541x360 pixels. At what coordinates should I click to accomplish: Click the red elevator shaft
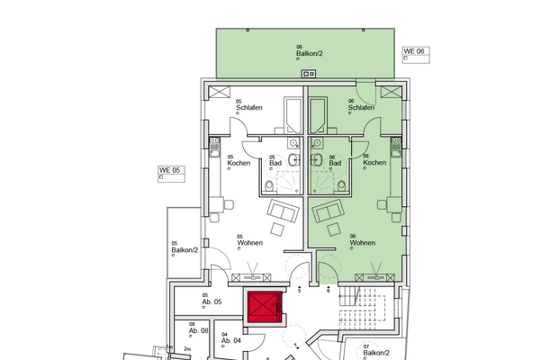coord(264,308)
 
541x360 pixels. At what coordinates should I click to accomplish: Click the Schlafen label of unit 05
coord(249,108)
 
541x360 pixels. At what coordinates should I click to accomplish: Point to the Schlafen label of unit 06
coord(361,108)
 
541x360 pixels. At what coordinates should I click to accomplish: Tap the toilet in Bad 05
coord(271,185)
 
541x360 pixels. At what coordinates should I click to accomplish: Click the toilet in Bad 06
coord(341,185)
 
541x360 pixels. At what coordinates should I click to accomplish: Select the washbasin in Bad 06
coord(318,143)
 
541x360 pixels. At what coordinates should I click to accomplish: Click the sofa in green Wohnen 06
coord(328,214)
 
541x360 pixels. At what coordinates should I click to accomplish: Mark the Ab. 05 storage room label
coord(212,301)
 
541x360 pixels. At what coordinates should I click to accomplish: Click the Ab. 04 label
coord(230,340)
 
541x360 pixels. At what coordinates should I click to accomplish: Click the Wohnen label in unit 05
coord(249,242)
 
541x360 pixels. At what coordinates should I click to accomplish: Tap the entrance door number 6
coord(329,290)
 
